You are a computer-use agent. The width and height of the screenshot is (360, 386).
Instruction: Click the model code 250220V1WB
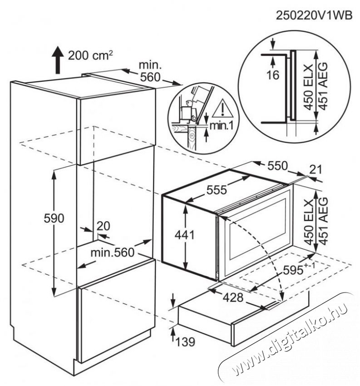[314, 15]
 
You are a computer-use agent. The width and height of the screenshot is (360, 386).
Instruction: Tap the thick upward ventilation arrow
[58, 60]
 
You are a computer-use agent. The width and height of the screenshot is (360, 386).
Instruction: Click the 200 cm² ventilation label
[90, 55]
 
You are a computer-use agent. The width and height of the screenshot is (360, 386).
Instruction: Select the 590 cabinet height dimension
[54, 218]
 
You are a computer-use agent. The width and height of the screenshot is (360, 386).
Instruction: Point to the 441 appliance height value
[185, 235]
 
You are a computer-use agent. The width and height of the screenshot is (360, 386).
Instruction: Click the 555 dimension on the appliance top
[217, 190]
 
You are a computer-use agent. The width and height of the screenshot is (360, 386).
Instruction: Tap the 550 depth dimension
[277, 166]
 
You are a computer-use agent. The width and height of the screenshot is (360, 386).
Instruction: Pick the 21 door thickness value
[315, 170]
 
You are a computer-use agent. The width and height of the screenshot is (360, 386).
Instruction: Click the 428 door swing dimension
[233, 297]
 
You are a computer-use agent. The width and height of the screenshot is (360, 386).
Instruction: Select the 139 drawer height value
[185, 341]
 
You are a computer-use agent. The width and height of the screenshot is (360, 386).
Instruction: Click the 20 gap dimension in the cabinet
[104, 226]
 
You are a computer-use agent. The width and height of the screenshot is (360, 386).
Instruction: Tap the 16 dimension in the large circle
[273, 75]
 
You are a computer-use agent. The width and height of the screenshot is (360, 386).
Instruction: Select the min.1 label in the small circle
[221, 126]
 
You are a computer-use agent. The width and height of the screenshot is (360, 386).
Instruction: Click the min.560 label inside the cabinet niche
[113, 252]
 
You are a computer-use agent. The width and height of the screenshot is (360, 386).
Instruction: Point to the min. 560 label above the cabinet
[150, 71]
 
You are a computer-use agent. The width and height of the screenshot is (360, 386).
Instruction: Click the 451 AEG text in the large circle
[323, 86]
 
